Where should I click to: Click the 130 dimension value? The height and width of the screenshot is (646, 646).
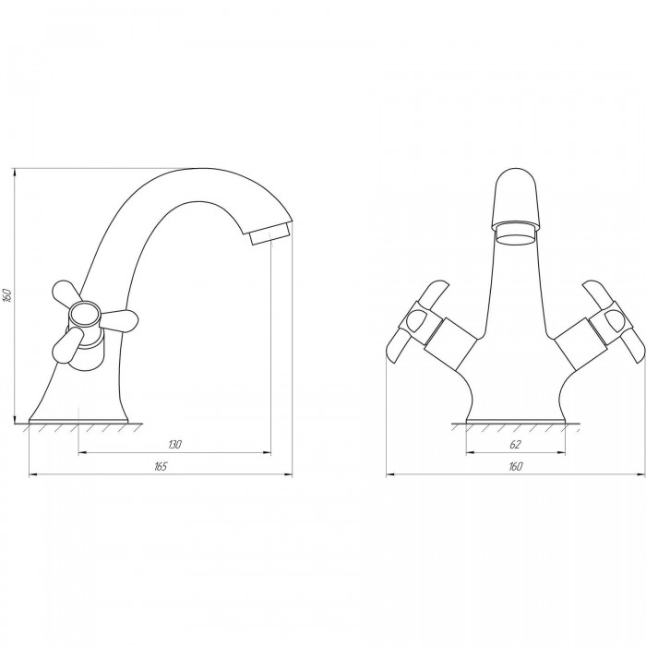[x=175, y=445]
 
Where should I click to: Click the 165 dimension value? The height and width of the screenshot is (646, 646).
[x=161, y=467]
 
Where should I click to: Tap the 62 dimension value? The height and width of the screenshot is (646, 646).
[x=515, y=445]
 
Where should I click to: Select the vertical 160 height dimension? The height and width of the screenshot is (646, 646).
[x=7, y=295]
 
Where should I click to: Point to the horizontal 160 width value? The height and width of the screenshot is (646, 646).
[x=515, y=467]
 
